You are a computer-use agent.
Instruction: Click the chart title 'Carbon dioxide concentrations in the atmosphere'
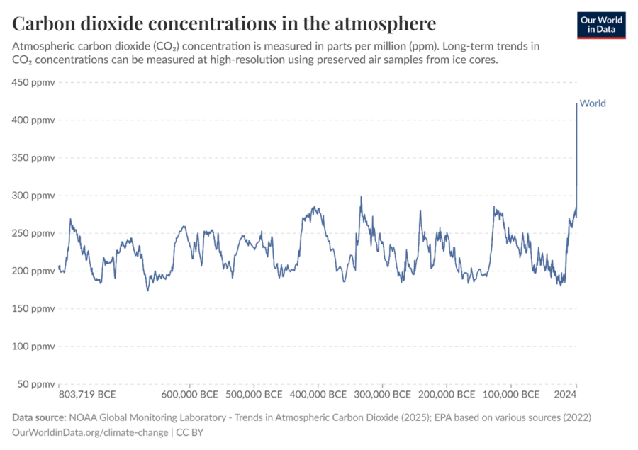[x=224, y=25]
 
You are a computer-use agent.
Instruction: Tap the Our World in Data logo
[x=601, y=23]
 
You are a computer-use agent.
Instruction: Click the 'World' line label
[x=593, y=103]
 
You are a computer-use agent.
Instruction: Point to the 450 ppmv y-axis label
[x=33, y=82]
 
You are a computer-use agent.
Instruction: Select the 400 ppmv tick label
[x=33, y=120]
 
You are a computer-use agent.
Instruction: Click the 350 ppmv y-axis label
[x=33, y=157]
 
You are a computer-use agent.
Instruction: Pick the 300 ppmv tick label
[x=33, y=195]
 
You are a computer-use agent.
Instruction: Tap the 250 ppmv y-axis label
[x=33, y=233]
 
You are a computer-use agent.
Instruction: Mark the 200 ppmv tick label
[x=33, y=271]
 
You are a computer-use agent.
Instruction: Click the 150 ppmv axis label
[x=33, y=308]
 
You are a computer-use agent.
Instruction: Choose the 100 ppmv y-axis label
[x=33, y=346]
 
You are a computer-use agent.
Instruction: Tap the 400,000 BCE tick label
[x=318, y=394]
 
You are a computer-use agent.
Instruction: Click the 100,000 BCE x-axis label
[x=510, y=394]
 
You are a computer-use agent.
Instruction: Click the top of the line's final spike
[x=576, y=104]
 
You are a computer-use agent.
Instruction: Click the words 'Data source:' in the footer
[x=38, y=417]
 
